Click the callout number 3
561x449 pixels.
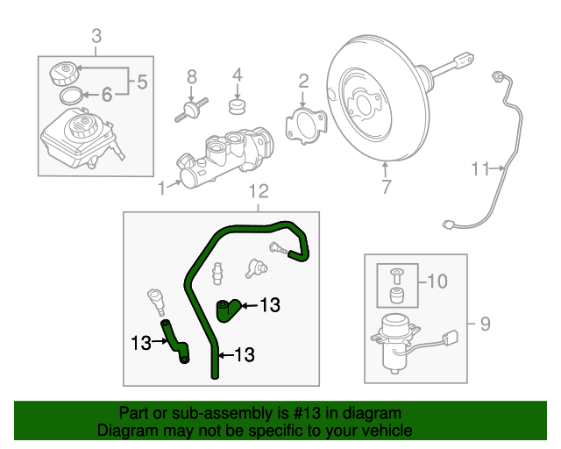[96, 36]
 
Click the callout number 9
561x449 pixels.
[486, 325]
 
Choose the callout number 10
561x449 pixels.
[438, 282]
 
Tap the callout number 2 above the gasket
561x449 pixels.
[303, 82]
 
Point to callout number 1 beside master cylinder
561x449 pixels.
[161, 186]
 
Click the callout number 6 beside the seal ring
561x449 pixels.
[106, 94]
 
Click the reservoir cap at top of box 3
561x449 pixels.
[65, 70]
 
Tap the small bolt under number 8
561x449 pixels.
[189, 110]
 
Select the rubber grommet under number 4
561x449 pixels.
[235, 107]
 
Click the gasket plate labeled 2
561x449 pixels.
[302, 123]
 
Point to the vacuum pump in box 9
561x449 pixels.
[392, 338]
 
